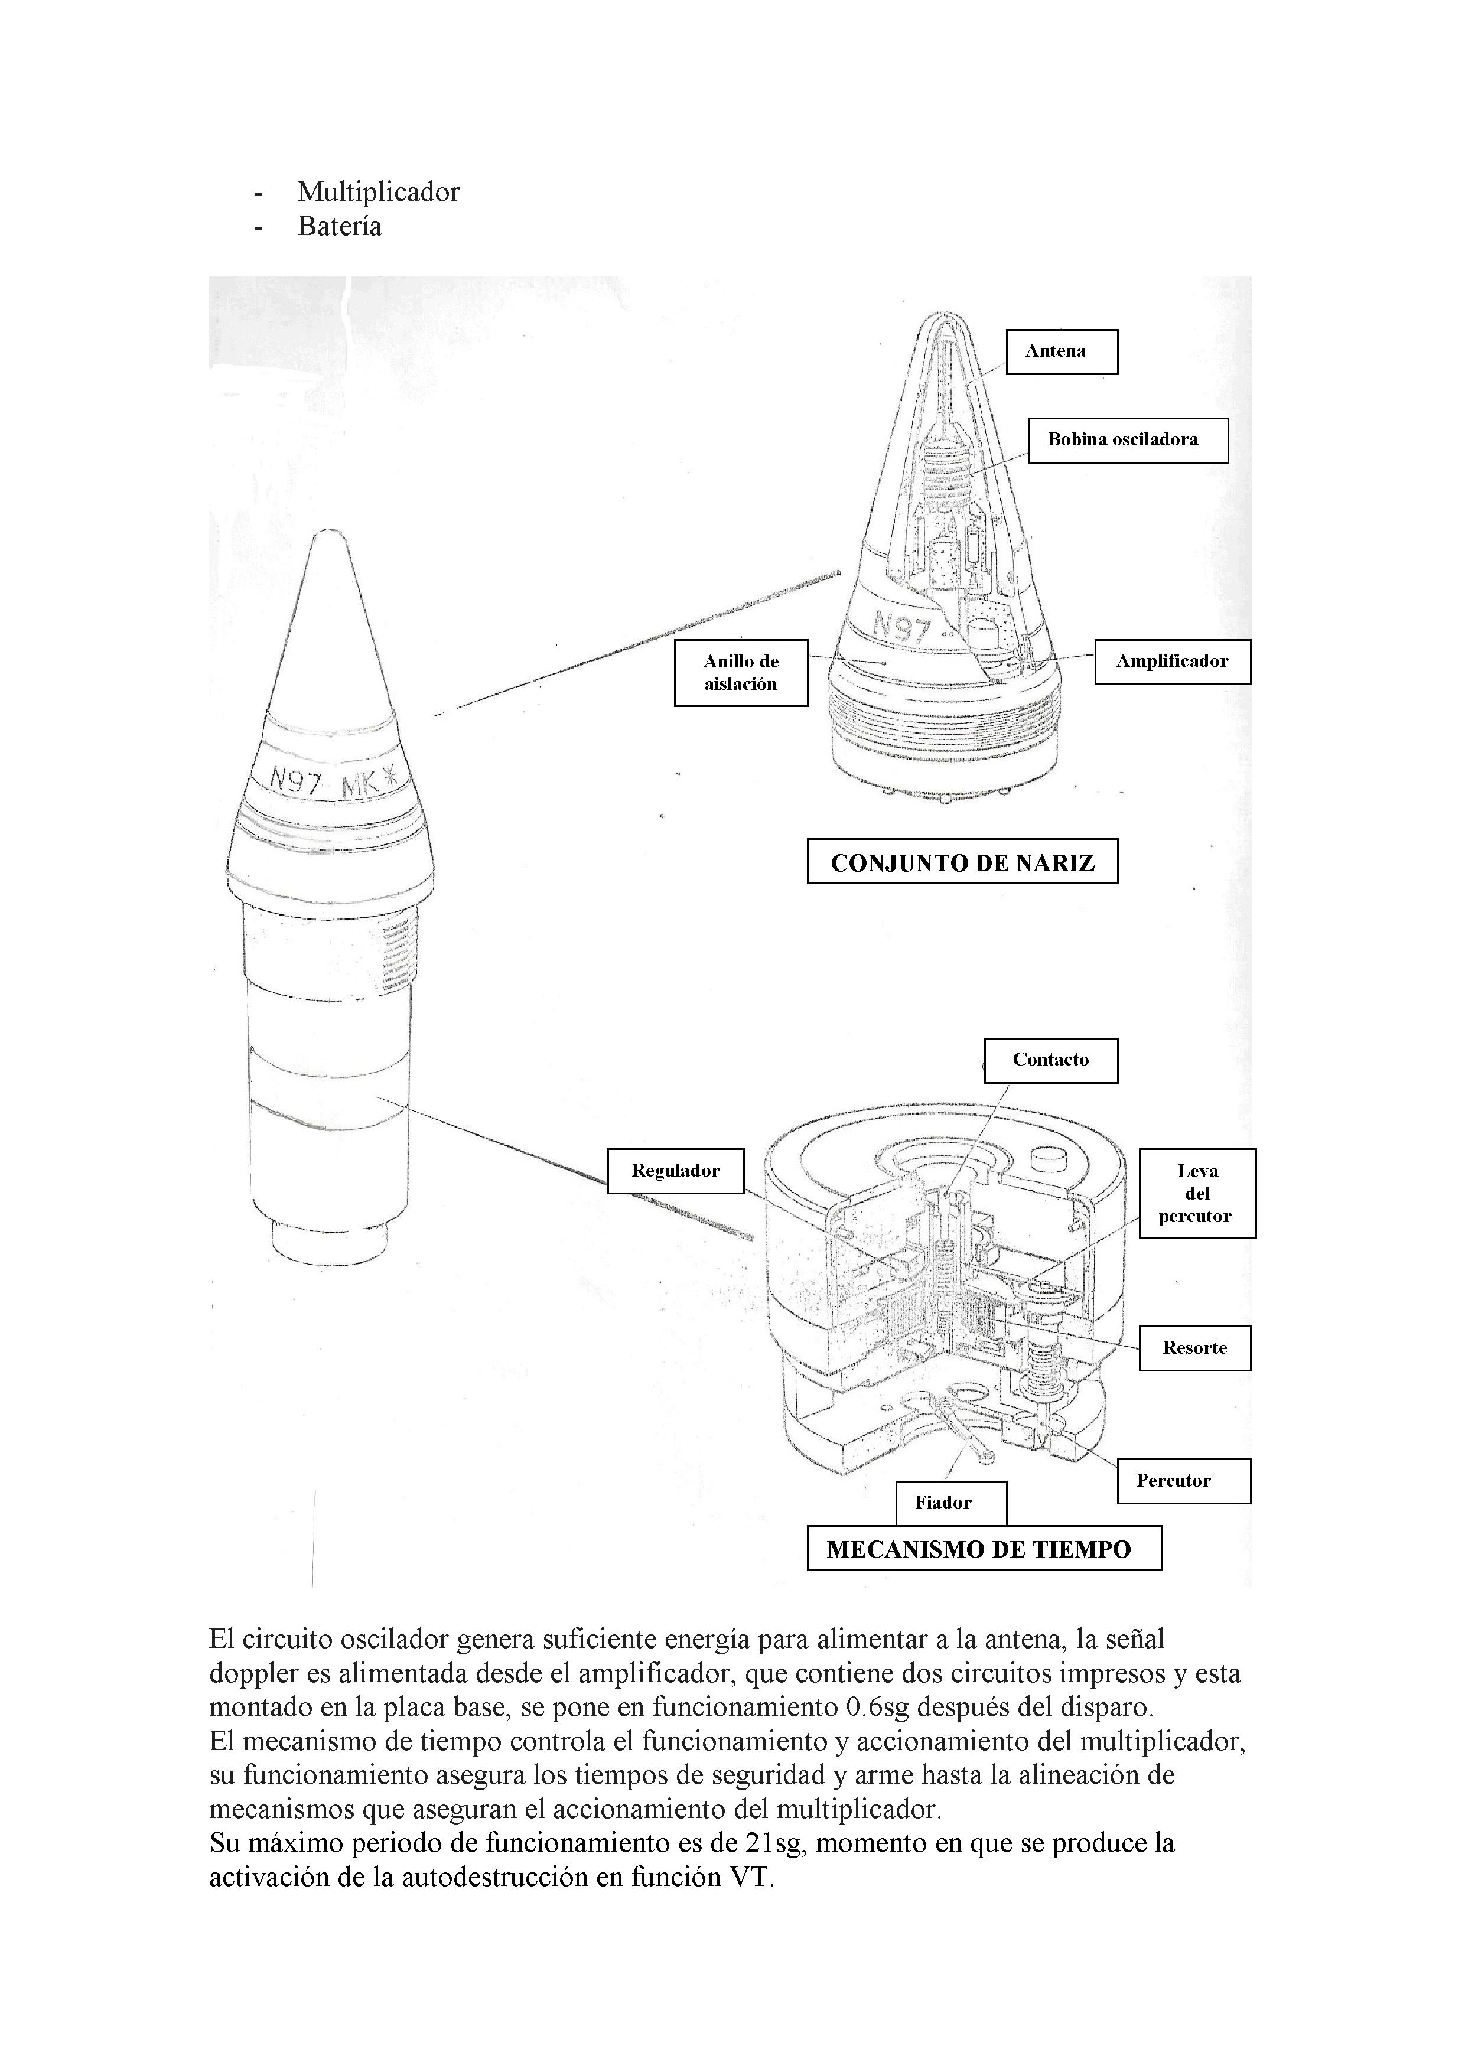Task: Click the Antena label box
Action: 1062,352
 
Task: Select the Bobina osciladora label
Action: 1128,441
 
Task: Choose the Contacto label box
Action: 1051,1060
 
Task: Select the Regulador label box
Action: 675,1171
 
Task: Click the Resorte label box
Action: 1194,1348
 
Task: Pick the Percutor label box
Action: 1183,1481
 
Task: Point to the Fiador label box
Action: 950,1503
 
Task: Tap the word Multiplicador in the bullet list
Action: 378,192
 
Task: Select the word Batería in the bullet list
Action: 340,226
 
